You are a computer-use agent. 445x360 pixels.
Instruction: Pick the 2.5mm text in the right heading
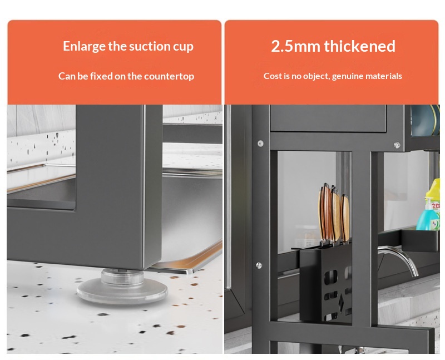[x=295, y=46]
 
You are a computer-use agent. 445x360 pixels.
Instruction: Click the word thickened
[x=359, y=46]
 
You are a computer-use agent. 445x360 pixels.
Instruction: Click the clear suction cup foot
[x=122, y=287]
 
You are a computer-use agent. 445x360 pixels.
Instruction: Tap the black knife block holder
[x=326, y=284]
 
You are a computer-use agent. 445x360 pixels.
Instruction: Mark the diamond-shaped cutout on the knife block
[x=341, y=302]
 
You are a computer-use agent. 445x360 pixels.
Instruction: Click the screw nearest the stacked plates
[x=397, y=145]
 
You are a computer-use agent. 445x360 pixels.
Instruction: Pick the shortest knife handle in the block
[x=345, y=219]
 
